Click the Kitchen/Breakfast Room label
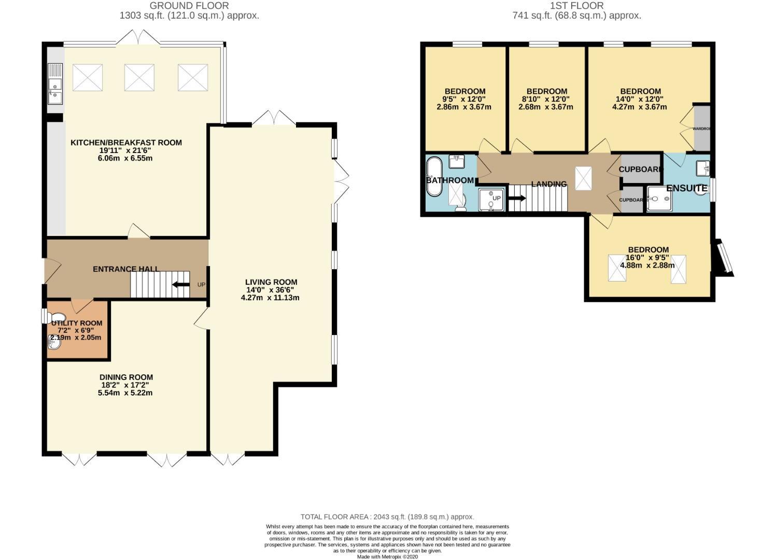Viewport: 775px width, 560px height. (126, 143)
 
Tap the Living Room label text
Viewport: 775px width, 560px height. (271, 282)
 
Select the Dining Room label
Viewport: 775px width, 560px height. (126, 377)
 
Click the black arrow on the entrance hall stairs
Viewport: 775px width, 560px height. (180, 284)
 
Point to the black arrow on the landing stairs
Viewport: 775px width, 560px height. (517, 198)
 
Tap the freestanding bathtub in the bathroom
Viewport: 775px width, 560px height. (433, 176)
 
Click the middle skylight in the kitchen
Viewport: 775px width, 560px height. (139, 78)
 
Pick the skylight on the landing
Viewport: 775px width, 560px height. (583, 178)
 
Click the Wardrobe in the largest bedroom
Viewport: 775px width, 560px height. (702, 128)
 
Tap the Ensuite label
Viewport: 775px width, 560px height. (686, 188)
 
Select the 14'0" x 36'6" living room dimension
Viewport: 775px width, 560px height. (271, 290)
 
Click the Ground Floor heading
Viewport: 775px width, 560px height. (189, 6)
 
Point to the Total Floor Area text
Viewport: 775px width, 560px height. (387, 516)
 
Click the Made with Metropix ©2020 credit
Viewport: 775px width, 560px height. (387, 556)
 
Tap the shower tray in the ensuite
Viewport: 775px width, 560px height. (659, 199)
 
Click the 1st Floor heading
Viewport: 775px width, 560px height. (576, 6)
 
